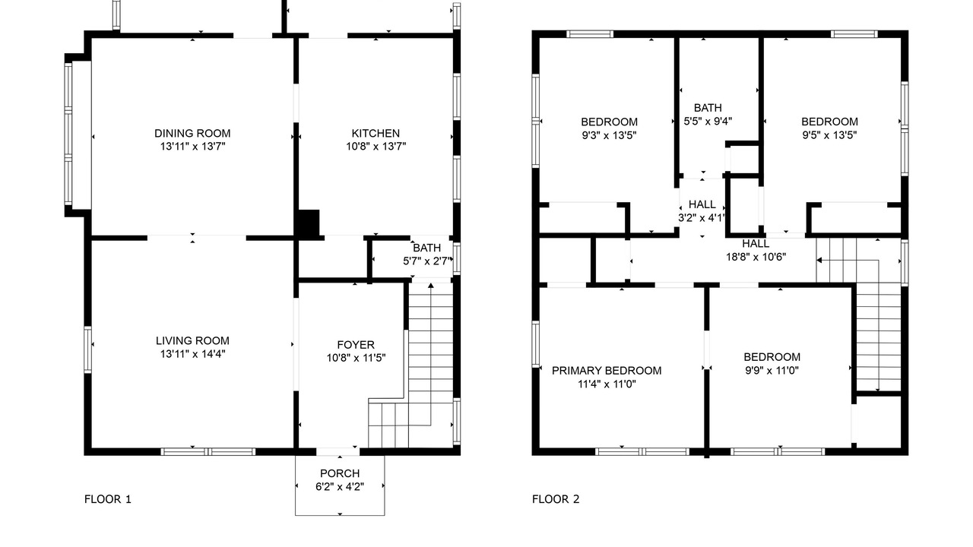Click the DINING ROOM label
(192, 133)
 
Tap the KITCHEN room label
(376, 133)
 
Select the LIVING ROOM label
(192, 341)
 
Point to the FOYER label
(356, 345)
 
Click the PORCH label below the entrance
(340, 473)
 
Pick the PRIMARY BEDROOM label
(607, 371)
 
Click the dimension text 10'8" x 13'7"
(376, 147)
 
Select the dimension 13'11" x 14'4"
(192, 354)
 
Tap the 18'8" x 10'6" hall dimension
(756, 257)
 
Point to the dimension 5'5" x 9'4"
(708, 121)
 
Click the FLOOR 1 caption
(108, 499)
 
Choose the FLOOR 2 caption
(556, 499)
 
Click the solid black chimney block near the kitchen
(308, 223)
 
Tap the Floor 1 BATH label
(427, 248)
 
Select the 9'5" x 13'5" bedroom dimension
(829, 135)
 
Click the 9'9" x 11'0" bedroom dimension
(772, 370)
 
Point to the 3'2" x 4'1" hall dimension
(702, 217)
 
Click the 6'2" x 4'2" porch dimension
(340, 487)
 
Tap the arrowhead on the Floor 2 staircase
(819, 261)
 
